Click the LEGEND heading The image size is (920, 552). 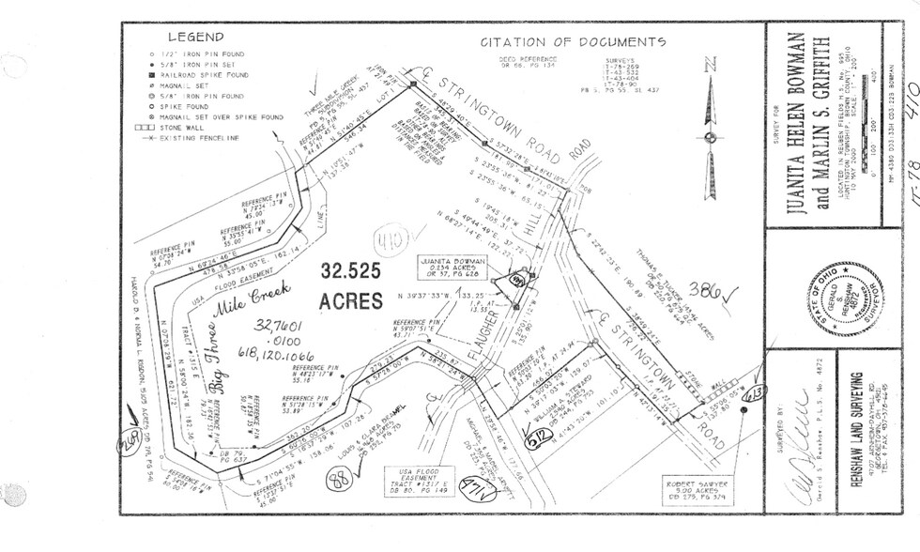194,38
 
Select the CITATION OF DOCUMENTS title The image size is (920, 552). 573,42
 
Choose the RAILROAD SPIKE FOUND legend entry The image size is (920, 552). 210,73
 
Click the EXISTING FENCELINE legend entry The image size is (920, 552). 203,138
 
